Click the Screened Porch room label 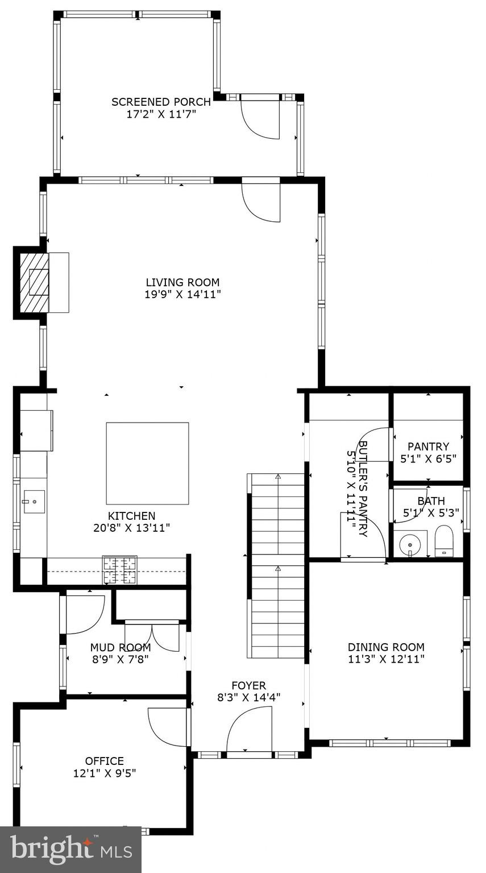[161, 102]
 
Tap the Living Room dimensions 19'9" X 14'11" [182, 294]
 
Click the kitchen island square [147, 463]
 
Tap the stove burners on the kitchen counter [119, 570]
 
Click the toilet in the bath [443, 541]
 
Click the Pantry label [428, 446]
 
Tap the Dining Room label [386, 647]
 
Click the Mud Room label [121, 647]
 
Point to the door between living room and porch [261, 202]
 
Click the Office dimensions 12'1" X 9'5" [104, 773]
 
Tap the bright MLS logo [70, 850]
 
